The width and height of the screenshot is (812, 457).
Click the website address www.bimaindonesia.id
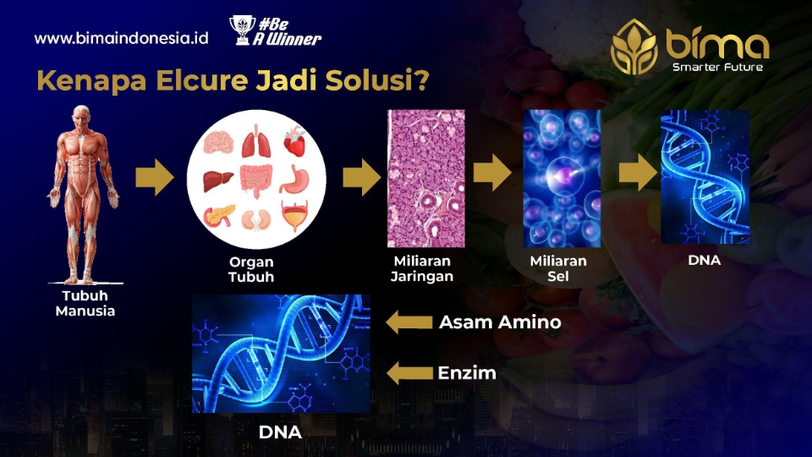(x=121, y=38)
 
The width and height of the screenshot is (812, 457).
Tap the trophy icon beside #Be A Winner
(x=241, y=30)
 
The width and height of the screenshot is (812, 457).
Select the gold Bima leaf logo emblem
(x=634, y=47)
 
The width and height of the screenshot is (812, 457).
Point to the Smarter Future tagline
(x=717, y=67)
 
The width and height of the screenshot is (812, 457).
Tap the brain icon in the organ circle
(x=218, y=142)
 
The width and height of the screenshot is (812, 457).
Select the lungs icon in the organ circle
(x=255, y=141)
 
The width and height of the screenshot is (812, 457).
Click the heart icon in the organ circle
(x=294, y=141)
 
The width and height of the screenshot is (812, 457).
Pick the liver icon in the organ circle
(x=218, y=181)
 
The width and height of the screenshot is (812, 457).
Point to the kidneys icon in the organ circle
(x=256, y=220)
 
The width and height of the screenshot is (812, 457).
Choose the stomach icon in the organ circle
(x=295, y=179)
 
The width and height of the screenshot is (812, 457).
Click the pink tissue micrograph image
(x=426, y=179)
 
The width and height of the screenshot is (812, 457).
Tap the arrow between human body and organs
(x=154, y=177)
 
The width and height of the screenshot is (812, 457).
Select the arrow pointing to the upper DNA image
(x=638, y=172)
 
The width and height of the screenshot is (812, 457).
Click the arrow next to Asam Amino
(x=409, y=322)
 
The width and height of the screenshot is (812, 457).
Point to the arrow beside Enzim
(x=409, y=373)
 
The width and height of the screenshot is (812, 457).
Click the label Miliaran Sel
(x=558, y=268)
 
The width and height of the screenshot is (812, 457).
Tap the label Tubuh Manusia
(x=85, y=303)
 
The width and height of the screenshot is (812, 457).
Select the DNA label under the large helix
(x=280, y=432)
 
